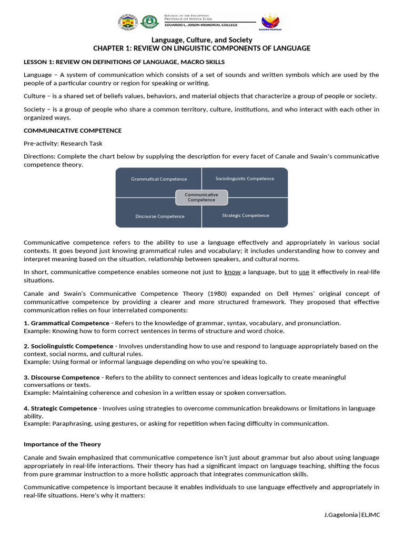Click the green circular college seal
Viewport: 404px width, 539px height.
click(149, 23)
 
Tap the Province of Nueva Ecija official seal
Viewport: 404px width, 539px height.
click(127, 23)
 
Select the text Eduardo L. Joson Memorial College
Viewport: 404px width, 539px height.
click(201, 25)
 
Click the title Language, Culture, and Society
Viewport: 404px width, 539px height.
click(202, 40)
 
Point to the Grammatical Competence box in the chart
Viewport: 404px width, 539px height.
click(159, 179)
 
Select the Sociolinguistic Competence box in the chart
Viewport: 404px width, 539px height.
click(245, 178)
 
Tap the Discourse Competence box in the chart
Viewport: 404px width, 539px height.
click(160, 216)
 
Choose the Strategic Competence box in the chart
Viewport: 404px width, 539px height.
click(245, 215)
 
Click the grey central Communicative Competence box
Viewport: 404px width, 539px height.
click(201, 197)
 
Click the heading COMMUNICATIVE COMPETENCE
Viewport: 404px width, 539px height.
click(73, 131)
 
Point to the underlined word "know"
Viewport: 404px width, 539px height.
click(233, 272)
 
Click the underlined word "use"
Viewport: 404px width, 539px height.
click(304, 272)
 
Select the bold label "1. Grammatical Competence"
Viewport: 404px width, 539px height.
click(66, 323)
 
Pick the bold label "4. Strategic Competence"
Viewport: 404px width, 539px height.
click(60, 408)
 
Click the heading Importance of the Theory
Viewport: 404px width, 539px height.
click(62, 444)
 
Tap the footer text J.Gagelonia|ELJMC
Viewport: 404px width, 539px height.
click(352, 514)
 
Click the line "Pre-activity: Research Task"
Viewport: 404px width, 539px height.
click(63, 143)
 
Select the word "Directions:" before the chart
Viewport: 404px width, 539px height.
click(39, 156)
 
